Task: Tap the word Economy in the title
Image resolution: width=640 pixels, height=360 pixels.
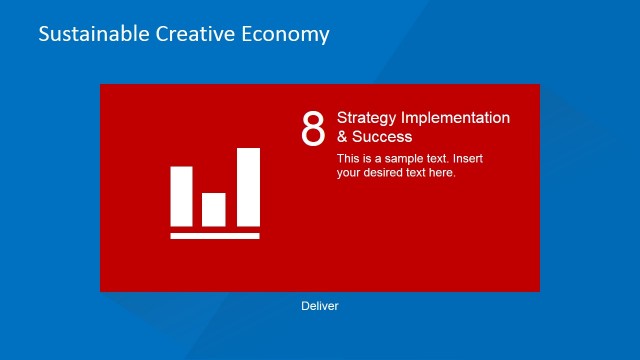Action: [285, 35]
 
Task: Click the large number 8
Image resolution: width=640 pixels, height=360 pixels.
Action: [313, 129]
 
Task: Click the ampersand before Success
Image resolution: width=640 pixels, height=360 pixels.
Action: [342, 137]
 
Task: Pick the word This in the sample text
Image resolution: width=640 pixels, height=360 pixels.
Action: [348, 158]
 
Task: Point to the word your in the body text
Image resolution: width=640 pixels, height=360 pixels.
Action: [349, 172]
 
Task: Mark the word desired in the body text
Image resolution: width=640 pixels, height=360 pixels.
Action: [386, 172]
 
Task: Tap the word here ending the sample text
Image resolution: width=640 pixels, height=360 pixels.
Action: [443, 172]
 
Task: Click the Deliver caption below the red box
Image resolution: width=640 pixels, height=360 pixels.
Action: [320, 306]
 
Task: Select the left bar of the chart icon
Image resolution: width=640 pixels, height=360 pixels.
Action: [181, 196]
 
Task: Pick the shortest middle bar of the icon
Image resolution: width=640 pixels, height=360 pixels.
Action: [214, 209]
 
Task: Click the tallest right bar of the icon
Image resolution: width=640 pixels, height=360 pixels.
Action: [248, 187]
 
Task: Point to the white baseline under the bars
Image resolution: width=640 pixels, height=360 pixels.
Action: [215, 236]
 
